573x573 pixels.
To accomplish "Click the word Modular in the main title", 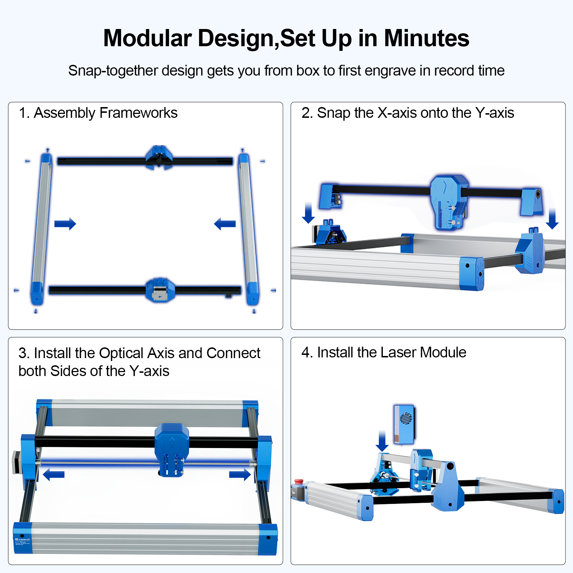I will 148,38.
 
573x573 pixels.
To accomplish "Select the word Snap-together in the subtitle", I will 113,71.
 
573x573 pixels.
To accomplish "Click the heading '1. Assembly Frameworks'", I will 98,113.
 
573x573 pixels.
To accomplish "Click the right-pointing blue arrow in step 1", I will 65,224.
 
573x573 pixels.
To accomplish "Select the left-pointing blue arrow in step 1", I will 225,224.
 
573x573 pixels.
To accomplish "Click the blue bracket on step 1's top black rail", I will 159,157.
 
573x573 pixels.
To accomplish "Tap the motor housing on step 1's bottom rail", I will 160,290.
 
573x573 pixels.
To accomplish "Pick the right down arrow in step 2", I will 552,218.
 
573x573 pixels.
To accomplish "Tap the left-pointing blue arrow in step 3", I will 54,475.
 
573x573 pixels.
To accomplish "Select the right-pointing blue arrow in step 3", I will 240,475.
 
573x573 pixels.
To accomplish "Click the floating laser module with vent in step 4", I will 404,424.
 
